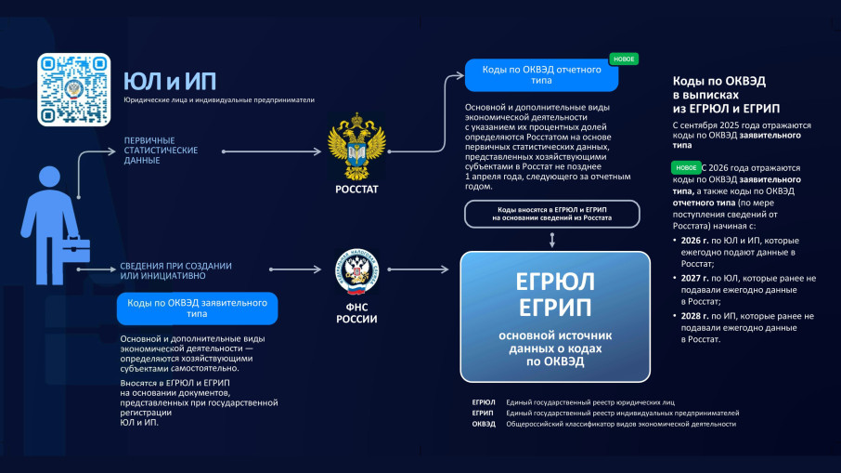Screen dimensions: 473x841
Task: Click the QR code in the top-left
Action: tap(73, 89)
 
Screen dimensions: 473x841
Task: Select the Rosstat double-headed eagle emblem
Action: tap(357, 148)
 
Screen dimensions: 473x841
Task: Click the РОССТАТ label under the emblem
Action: tap(357, 190)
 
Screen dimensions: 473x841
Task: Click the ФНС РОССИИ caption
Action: tap(356, 313)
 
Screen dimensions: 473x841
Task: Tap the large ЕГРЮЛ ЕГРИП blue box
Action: tap(556, 316)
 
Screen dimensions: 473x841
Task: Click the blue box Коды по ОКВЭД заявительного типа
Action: tap(197, 309)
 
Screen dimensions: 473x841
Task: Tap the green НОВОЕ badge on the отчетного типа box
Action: tap(624, 59)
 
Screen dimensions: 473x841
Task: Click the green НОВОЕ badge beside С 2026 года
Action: tap(687, 168)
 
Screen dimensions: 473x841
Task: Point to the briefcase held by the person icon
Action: tap(75, 252)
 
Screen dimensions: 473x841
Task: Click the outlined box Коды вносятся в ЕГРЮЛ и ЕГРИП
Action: tap(553, 214)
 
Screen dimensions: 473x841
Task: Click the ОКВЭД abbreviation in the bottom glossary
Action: tap(484, 424)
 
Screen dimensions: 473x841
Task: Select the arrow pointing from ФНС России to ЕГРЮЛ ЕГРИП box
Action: tap(418, 270)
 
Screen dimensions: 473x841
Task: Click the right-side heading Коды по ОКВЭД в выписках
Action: tap(724, 95)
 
